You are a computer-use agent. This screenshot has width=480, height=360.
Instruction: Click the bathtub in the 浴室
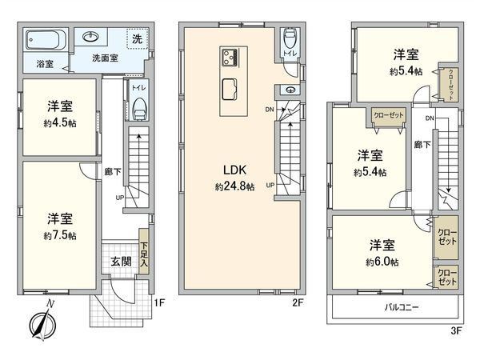tap(43, 41)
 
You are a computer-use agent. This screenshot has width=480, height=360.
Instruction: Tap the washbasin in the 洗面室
tap(89, 37)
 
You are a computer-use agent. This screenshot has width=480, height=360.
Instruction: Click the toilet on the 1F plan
tap(139, 106)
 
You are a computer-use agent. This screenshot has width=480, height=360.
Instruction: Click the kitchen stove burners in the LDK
tap(230, 58)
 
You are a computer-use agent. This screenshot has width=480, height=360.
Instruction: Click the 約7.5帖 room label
tap(60, 226)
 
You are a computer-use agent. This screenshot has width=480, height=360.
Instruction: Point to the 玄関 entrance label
tap(122, 261)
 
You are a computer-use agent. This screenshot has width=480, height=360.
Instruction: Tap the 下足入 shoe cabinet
tap(144, 254)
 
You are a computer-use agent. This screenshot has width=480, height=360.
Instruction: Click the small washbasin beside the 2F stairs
tap(289, 90)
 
